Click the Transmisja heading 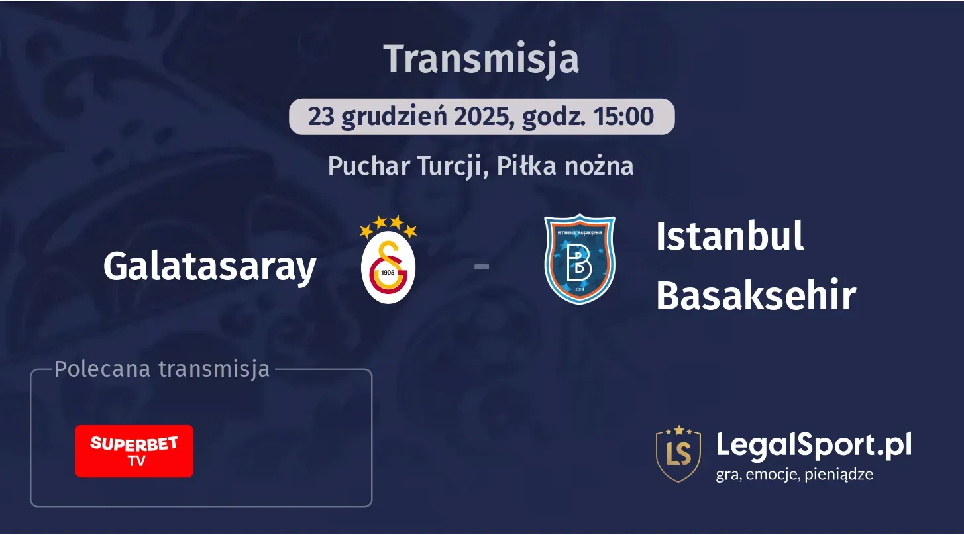click(482, 58)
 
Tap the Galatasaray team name click(209, 267)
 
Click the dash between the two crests click(482, 267)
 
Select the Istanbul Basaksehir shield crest click(580, 259)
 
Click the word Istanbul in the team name click(729, 236)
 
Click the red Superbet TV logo click(134, 451)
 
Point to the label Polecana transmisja click(162, 369)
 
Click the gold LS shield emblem click(678, 454)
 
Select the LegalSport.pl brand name click(814, 445)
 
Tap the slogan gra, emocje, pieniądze click(794, 474)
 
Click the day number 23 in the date click(321, 117)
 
